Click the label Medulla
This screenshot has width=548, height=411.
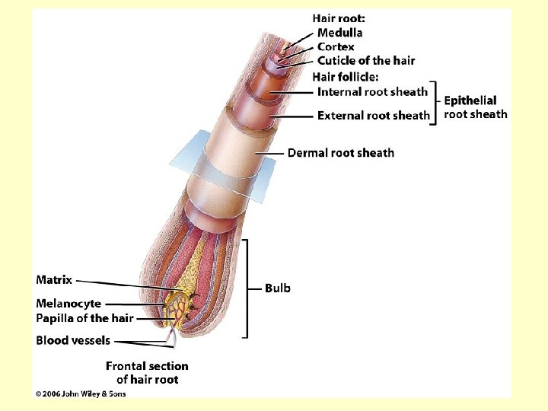click(339, 33)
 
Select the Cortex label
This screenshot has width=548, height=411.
click(336, 46)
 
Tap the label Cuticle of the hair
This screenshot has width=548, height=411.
click(366, 61)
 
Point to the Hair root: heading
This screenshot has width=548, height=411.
click(338, 18)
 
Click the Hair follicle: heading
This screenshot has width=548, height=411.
click(346, 76)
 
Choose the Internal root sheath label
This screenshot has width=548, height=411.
click(372, 92)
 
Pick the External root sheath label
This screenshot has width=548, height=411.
click(373, 116)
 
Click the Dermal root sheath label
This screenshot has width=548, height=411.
click(341, 153)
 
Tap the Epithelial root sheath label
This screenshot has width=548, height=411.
click(475, 107)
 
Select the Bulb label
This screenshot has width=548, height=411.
click(277, 288)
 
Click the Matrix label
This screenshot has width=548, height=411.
click(54, 280)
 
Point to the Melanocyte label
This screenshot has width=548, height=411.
click(68, 304)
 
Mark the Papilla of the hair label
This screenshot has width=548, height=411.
click(84, 318)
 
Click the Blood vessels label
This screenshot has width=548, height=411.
click(73, 340)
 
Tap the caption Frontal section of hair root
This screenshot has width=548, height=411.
click(147, 372)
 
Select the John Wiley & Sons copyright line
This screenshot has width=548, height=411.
click(81, 393)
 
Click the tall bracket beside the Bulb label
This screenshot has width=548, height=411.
click(247, 288)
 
